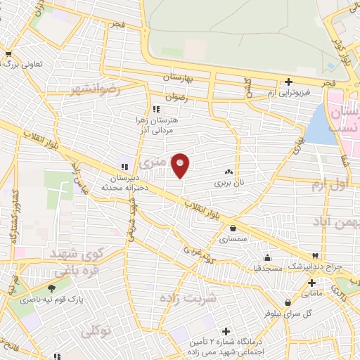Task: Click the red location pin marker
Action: point(180,165)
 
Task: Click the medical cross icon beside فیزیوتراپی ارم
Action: point(288,82)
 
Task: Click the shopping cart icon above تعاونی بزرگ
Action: point(8,53)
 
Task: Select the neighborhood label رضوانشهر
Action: point(96,89)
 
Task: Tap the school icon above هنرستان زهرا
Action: point(156,109)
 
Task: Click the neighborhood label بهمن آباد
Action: point(337,222)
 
